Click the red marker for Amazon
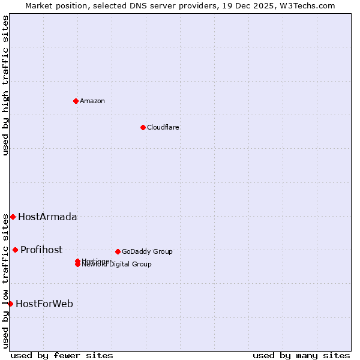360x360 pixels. point(76,101)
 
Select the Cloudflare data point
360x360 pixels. point(143,127)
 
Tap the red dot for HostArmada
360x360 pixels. point(13,217)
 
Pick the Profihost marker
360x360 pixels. point(15,250)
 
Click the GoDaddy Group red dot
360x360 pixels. point(118,251)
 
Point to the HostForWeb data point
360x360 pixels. point(10,304)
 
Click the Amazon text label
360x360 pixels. point(92,101)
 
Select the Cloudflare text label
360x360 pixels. point(163,127)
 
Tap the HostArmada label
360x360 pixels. point(47,217)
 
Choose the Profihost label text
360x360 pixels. point(41,250)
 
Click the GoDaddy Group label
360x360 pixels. point(147,251)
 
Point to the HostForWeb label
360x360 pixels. point(44,304)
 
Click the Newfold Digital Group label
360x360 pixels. point(117,265)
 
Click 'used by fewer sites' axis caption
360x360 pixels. point(62,355)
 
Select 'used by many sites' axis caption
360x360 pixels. point(301,355)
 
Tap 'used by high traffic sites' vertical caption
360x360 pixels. point(5,85)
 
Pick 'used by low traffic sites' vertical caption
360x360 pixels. point(5,281)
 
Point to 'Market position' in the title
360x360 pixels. point(52,5)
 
